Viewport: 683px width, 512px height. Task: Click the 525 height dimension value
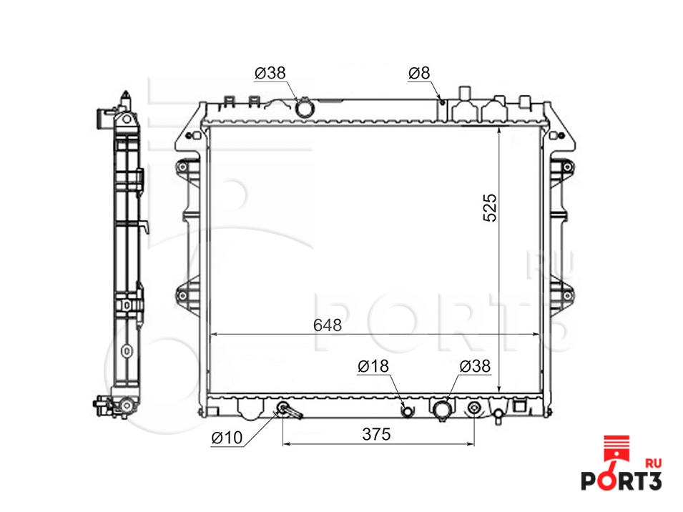coord(489,207)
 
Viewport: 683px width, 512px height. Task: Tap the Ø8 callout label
coord(419,72)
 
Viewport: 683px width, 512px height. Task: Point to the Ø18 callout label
coord(373,367)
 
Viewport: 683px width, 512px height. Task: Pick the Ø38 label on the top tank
coord(270,72)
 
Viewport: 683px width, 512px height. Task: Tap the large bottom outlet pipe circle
coord(442,410)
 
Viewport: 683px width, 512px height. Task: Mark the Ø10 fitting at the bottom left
coord(283,409)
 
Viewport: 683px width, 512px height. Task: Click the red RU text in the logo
coord(652,463)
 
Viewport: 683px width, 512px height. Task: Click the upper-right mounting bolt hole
coord(567,167)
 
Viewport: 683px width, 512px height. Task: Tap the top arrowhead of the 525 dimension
coord(498,133)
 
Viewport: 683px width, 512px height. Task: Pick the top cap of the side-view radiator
coord(125,98)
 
